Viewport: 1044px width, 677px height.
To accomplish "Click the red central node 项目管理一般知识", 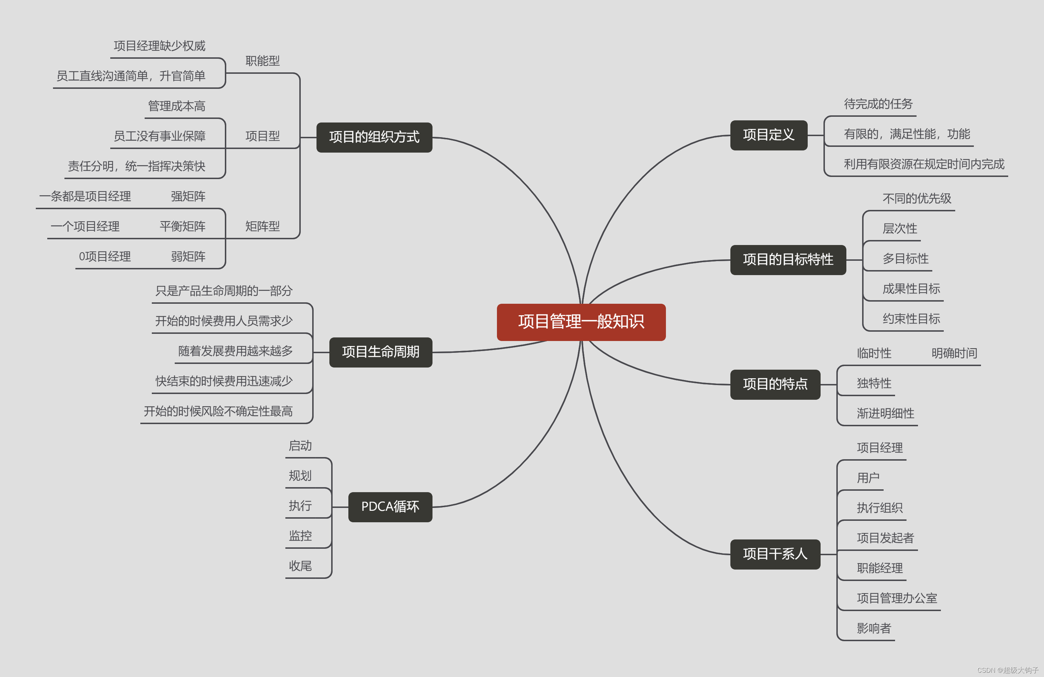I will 581,322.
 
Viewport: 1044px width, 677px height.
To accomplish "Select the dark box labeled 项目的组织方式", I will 374,137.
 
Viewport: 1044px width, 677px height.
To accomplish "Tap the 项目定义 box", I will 769,135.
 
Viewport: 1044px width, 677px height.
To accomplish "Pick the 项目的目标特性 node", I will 788,260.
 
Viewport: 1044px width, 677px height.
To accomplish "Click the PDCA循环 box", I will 390,507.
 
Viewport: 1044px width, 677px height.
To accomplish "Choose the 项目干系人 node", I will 775,554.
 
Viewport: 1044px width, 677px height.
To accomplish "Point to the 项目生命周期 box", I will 380,352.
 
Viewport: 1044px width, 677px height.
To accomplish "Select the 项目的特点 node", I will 775,384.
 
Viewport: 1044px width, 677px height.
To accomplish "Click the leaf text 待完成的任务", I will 878,104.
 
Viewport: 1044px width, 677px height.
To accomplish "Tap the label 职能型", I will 262,61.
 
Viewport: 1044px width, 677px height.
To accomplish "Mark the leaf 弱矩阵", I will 188,257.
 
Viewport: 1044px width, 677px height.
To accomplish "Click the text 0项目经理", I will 105,257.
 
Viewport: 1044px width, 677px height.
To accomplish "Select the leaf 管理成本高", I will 177,106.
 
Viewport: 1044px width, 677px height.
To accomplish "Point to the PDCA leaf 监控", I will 300,536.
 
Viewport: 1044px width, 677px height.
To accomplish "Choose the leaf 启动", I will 300,446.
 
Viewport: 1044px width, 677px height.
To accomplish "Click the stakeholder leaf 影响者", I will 874,628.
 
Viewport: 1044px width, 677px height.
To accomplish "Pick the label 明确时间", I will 954,353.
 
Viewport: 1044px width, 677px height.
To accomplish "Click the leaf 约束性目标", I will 911,319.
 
